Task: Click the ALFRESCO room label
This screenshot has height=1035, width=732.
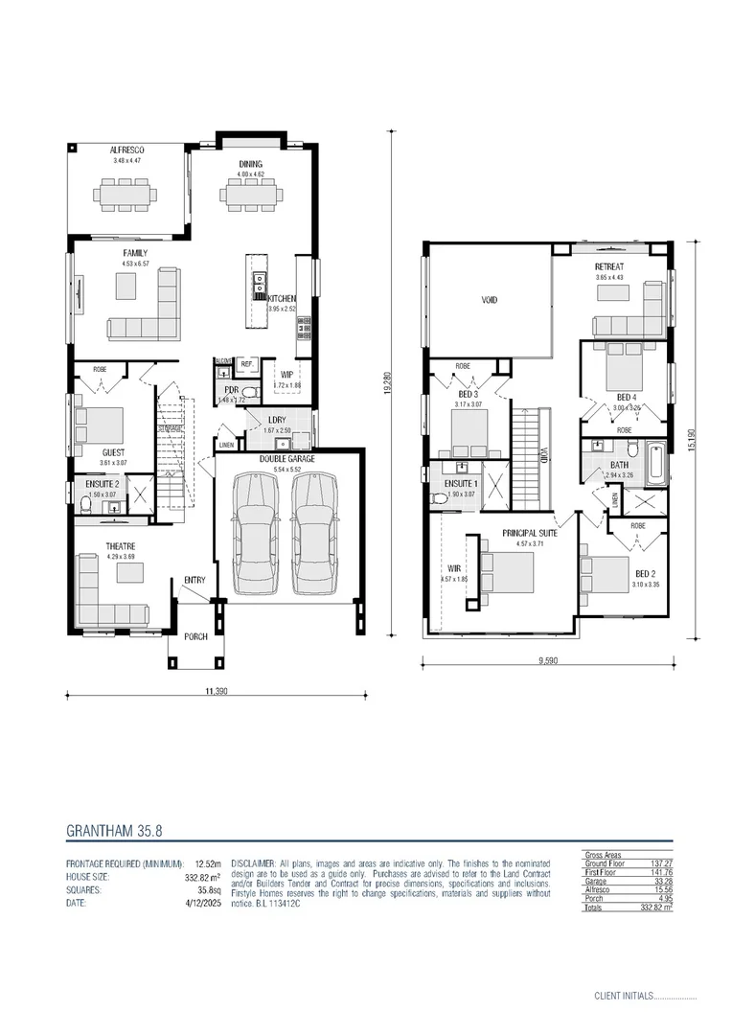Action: coord(126,151)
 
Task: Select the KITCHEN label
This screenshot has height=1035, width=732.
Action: coord(282,299)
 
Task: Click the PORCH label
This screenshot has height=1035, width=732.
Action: coord(195,636)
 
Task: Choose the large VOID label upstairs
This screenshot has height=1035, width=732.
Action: coord(489,301)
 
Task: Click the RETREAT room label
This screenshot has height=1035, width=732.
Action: coord(609,266)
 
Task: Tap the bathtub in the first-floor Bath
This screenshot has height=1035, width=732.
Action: coord(657,463)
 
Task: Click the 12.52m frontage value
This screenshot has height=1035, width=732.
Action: coord(208,862)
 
